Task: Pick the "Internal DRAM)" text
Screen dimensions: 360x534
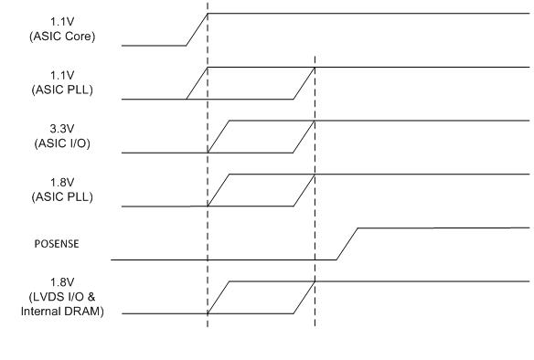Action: pyautogui.click(x=62, y=312)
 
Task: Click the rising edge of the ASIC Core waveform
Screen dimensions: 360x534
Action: pyautogui.click(x=197, y=29)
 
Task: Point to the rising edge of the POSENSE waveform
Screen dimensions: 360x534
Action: pyautogui.click(x=347, y=244)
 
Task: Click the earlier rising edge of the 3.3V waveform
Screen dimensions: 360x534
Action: pyautogui.click(x=219, y=136)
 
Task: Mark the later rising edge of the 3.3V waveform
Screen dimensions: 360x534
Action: pyautogui.click(x=304, y=136)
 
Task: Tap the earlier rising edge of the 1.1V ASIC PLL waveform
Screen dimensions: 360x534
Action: pyautogui.click(x=197, y=83)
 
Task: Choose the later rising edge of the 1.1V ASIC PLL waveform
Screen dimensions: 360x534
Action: pyautogui.click(x=304, y=83)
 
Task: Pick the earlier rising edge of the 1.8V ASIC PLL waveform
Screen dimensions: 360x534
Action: pyautogui.click(x=219, y=189)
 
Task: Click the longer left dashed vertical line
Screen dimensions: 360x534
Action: pyautogui.click(x=208, y=228)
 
